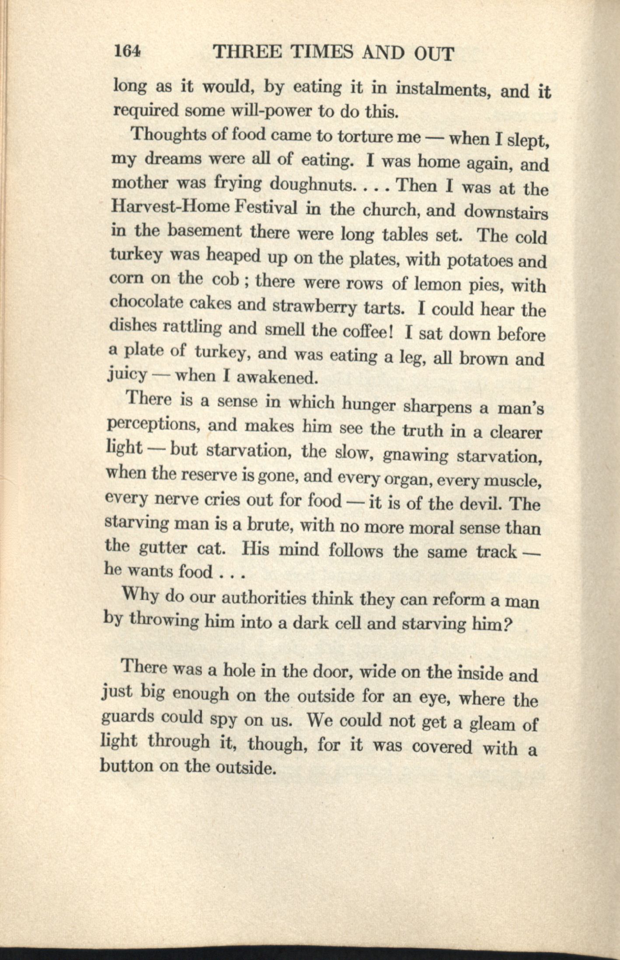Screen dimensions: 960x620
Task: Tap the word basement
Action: [x=205, y=232]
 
